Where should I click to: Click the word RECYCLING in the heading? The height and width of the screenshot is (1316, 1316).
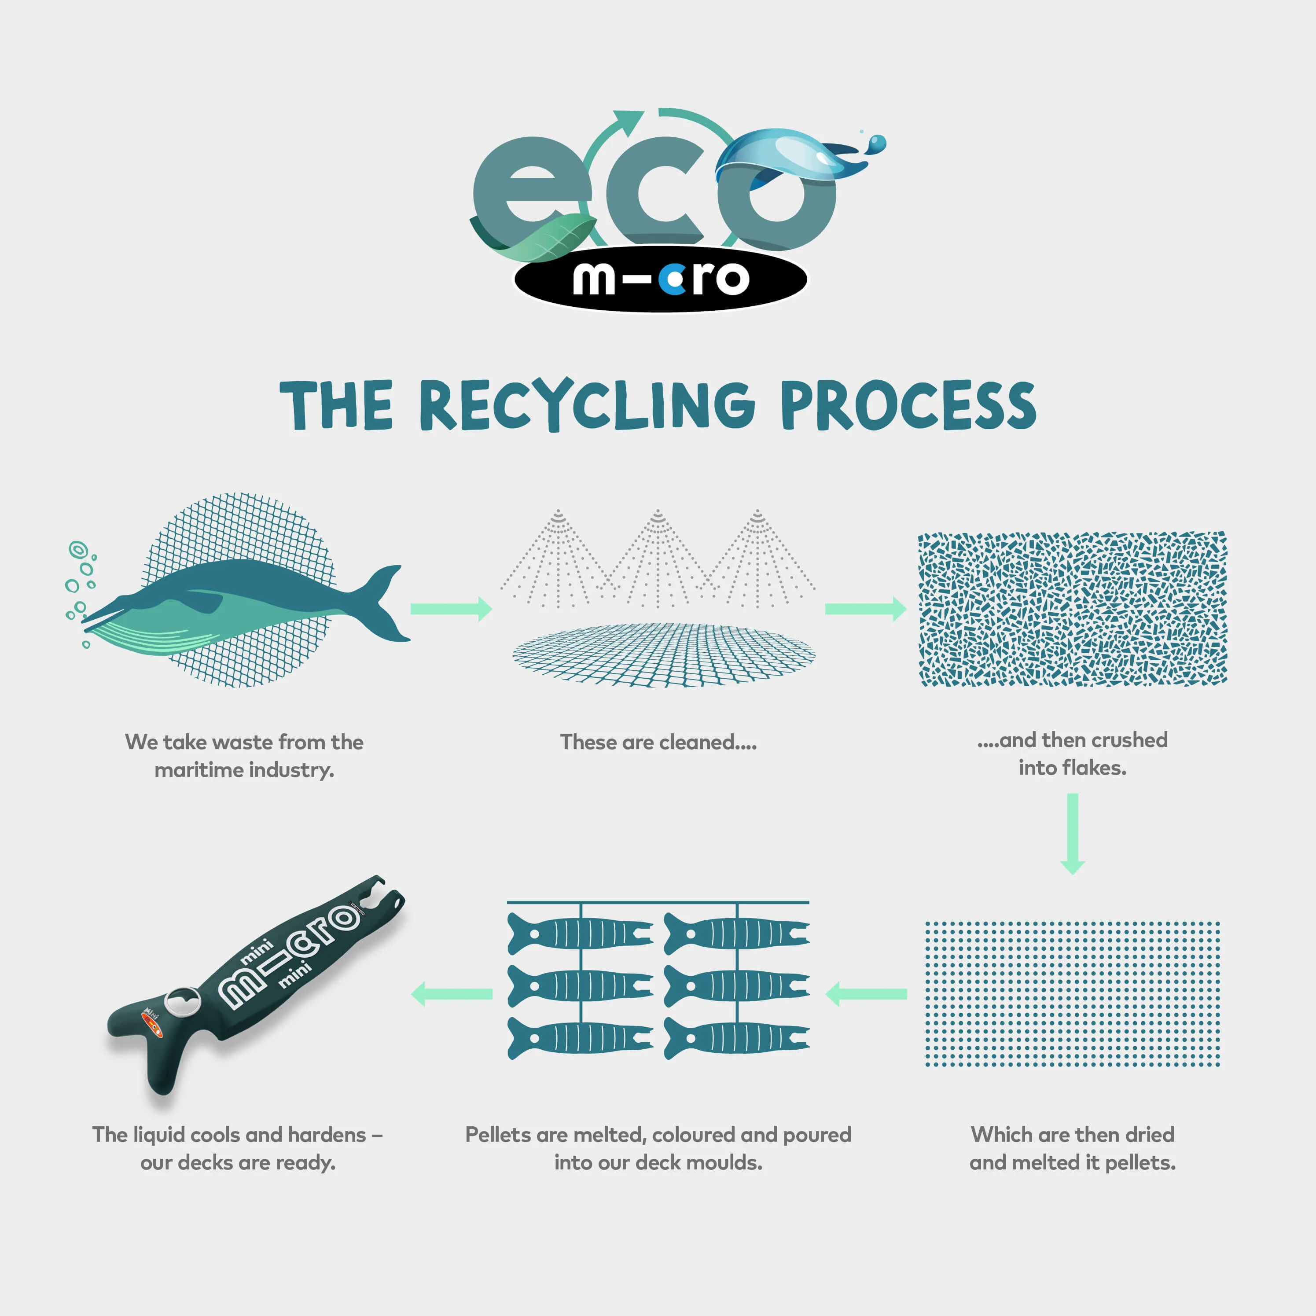point(587,405)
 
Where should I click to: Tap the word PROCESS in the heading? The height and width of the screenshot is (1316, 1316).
point(909,405)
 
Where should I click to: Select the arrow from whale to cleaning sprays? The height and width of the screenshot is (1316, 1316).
point(451,608)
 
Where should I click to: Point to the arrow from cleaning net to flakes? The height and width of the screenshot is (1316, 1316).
point(865,608)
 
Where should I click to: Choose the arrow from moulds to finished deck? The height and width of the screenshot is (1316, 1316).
point(452,994)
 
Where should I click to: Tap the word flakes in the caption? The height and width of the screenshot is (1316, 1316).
point(1090,768)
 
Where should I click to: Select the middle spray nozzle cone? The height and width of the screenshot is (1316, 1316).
point(657,559)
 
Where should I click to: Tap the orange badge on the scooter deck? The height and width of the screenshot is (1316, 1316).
point(151,1022)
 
